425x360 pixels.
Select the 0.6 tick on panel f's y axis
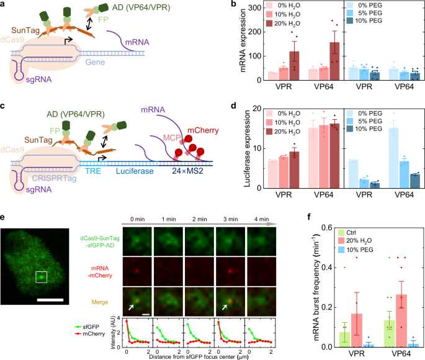[320, 228]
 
